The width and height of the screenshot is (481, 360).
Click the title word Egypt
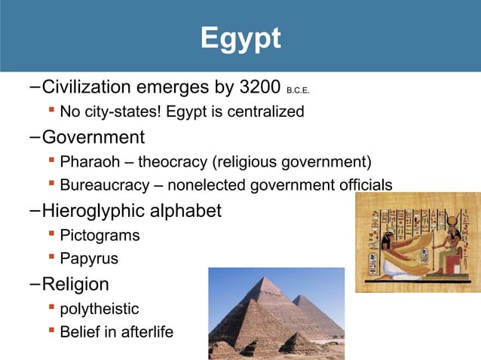tap(240, 38)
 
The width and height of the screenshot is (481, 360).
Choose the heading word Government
tap(93, 138)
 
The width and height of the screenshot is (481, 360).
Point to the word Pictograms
tap(100, 235)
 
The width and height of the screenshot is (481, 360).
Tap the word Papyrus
tap(89, 258)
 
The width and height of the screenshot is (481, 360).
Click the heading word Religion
tap(75, 284)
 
